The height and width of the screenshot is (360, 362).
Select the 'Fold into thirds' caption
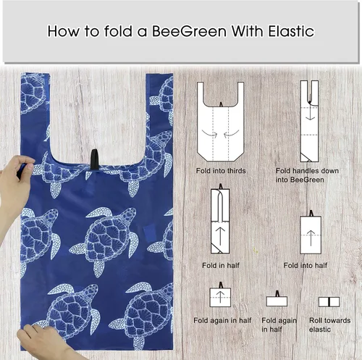[x=221, y=170]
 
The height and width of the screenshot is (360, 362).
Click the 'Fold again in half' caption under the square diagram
[x=222, y=319]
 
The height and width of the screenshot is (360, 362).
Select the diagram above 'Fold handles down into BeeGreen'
[x=310, y=122]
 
